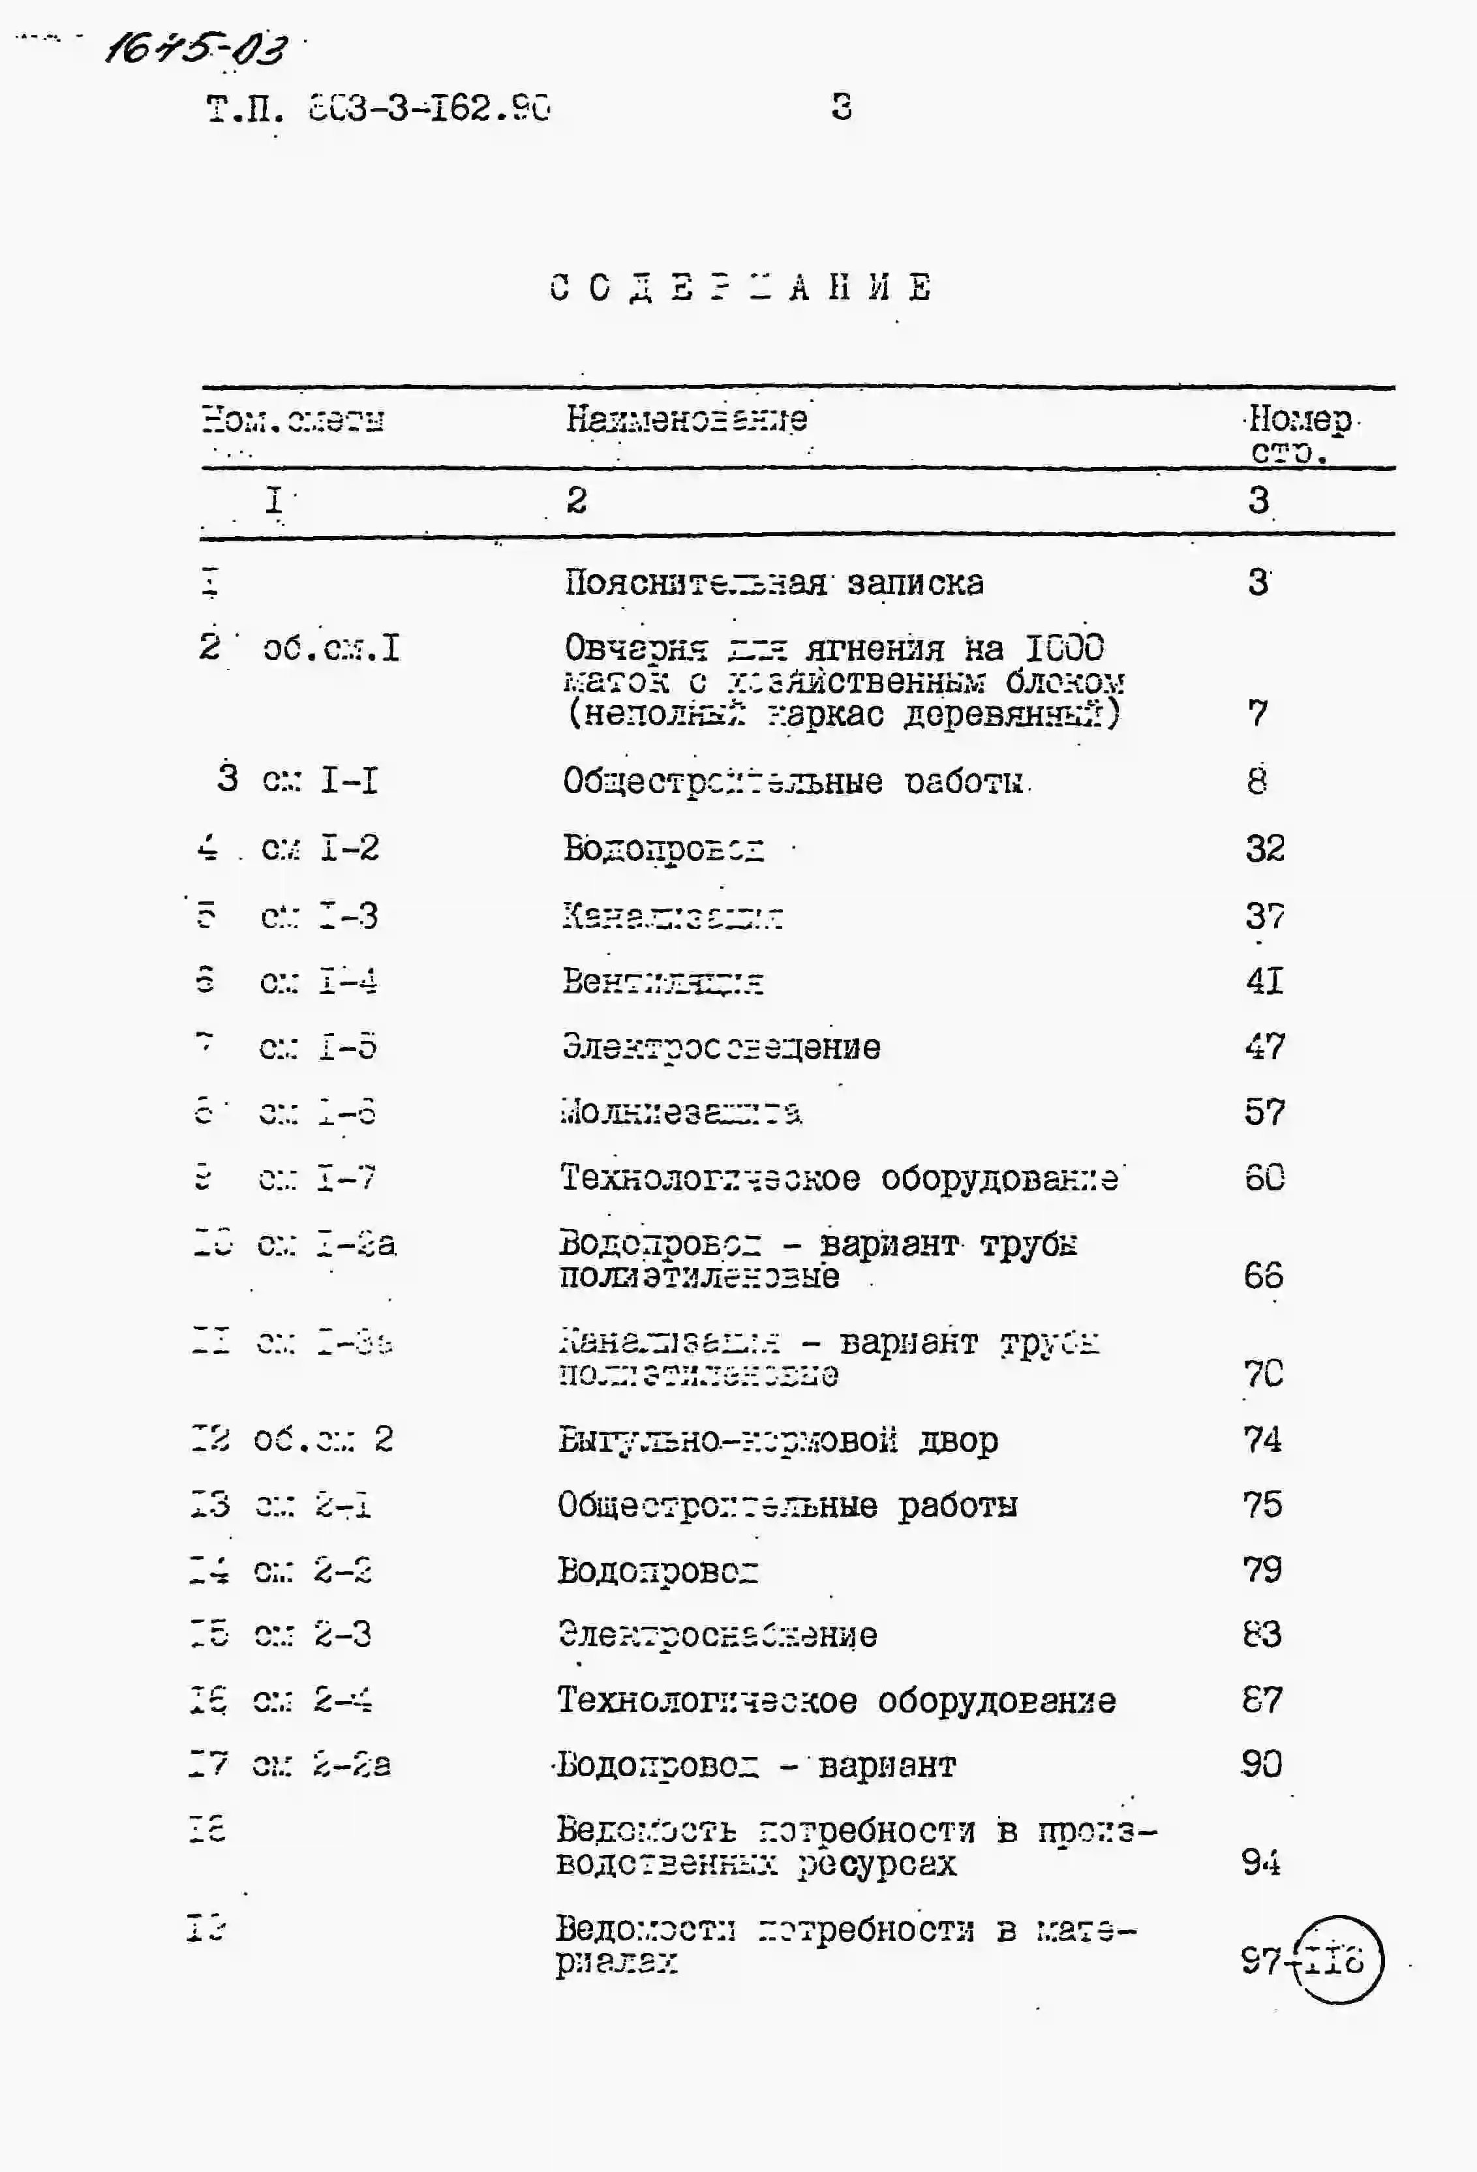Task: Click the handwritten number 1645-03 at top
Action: (196, 47)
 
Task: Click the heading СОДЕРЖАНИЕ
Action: (740, 287)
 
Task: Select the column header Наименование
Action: (686, 419)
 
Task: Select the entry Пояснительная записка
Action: (774, 583)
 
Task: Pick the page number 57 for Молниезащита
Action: (1264, 1112)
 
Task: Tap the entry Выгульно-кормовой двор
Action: (778, 1440)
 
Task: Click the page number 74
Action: (1262, 1440)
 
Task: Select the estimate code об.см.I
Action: (331, 648)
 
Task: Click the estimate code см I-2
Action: (320, 849)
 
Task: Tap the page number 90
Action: (1261, 1764)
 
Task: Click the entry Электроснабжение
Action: (717, 1635)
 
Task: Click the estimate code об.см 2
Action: (322, 1440)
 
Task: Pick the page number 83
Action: (1261, 1635)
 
